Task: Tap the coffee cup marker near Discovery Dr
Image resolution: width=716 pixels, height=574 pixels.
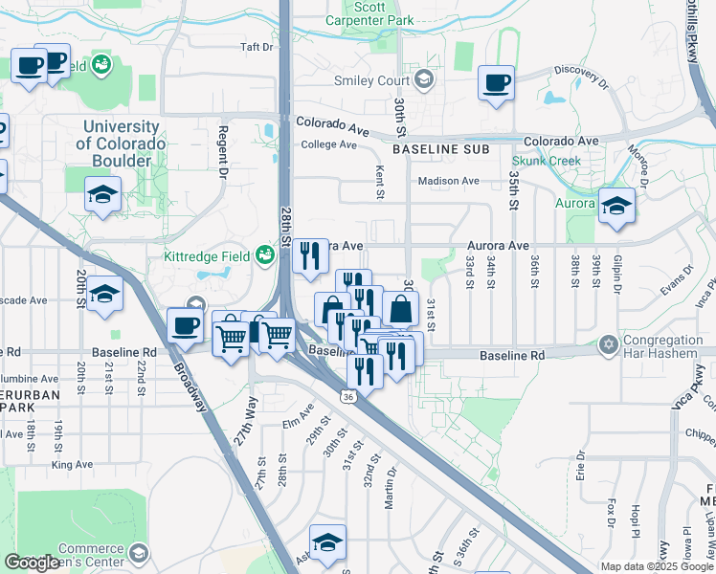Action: click(x=496, y=83)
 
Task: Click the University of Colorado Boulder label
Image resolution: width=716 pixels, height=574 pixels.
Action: click(x=122, y=143)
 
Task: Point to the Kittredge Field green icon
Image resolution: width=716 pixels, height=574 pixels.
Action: click(x=265, y=255)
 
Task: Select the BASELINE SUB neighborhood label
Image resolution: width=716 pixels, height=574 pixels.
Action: click(x=440, y=150)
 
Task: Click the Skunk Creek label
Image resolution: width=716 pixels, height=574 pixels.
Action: click(x=546, y=161)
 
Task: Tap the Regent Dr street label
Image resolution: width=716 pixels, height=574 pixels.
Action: click(x=221, y=153)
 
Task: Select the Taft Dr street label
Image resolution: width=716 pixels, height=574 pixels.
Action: click(x=257, y=47)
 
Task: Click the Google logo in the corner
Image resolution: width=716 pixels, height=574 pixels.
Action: click(x=32, y=563)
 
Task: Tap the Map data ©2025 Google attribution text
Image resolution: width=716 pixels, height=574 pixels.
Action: click(x=657, y=566)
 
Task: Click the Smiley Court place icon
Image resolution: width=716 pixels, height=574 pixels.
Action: click(x=423, y=80)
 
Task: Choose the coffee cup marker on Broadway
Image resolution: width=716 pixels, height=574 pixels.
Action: click(x=186, y=325)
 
